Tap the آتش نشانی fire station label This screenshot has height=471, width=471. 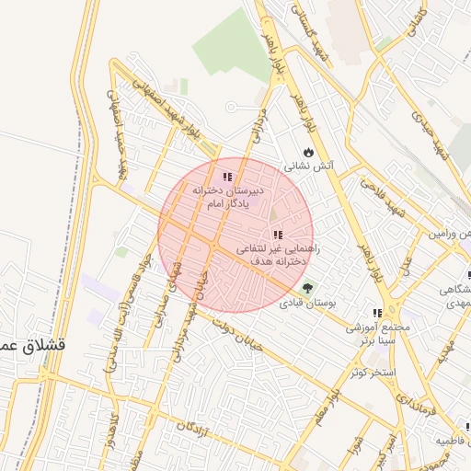(x=308, y=167)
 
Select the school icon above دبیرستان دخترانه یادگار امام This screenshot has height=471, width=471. (x=227, y=178)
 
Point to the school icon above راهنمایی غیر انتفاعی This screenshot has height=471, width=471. (x=278, y=235)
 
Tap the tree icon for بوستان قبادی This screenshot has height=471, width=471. (x=307, y=287)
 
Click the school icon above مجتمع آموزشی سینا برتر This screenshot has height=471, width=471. (x=377, y=313)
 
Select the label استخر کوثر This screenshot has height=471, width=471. (x=372, y=373)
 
